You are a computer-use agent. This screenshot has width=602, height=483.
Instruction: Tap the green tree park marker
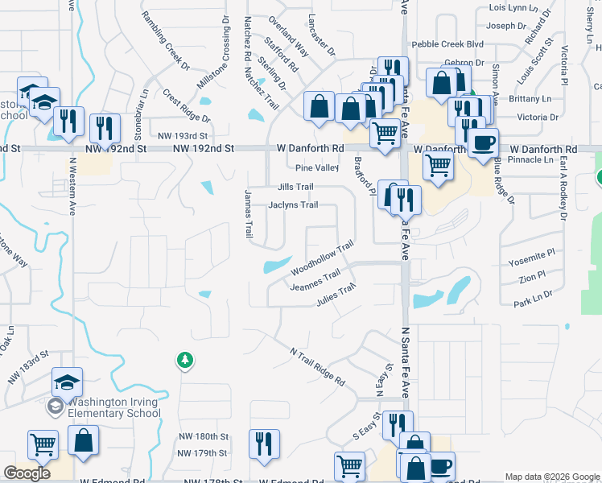[x=185, y=360]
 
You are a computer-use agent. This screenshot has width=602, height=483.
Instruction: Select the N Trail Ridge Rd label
[x=317, y=366]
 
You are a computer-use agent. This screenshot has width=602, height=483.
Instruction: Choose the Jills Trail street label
[x=295, y=187]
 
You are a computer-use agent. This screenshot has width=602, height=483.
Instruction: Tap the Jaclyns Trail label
[x=292, y=205]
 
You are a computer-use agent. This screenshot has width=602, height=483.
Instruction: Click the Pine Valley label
[x=316, y=168]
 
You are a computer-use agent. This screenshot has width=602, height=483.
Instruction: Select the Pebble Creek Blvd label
[x=447, y=44]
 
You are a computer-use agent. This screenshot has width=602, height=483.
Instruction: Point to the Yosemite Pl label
[x=532, y=252]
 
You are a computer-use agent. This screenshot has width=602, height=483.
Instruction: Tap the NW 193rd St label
[x=183, y=137]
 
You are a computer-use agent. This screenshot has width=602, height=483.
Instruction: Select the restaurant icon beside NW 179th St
[x=265, y=444]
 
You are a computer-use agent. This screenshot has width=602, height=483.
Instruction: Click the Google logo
[x=27, y=473]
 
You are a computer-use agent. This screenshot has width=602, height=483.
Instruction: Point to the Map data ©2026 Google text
[x=552, y=477]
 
